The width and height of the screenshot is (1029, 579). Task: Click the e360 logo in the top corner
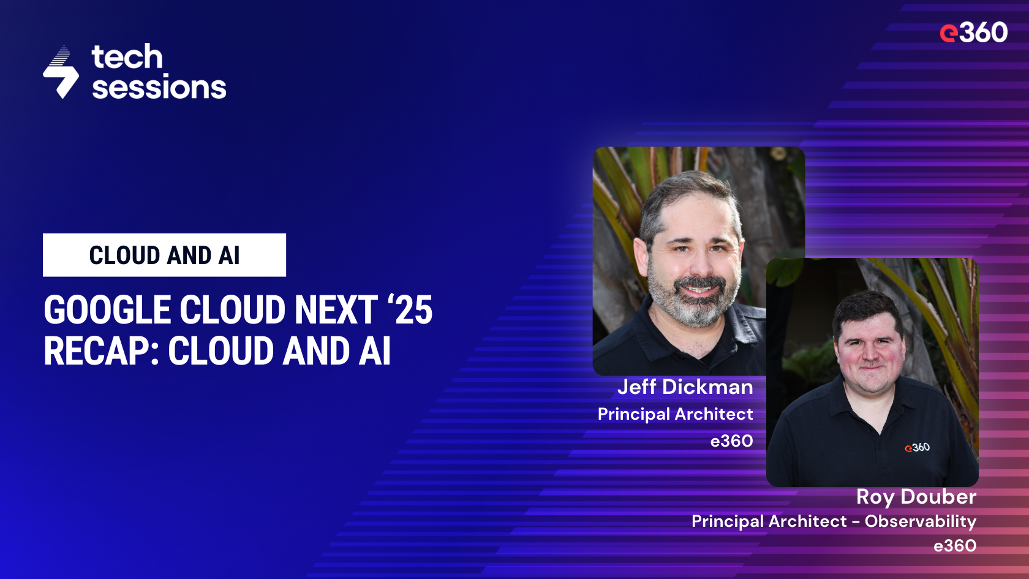pos(973,32)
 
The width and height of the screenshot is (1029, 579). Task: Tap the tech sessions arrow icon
pos(61,73)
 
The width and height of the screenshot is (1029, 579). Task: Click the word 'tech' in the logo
pos(127,57)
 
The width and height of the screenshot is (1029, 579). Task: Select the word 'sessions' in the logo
pos(159,87)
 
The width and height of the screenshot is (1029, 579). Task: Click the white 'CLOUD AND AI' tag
pos(164,255)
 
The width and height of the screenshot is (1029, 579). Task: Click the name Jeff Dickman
pos(685,387)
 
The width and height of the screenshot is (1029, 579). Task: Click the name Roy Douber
pos(916,497)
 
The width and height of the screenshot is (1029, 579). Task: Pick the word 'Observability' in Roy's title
pos(920,521)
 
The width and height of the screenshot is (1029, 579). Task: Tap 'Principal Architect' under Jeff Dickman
pos(675,414)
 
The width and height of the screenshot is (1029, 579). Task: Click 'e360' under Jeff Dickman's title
pos(731,441)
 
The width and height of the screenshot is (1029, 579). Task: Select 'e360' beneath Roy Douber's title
pos(954,546)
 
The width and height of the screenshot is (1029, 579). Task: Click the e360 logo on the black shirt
pos(917,448)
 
